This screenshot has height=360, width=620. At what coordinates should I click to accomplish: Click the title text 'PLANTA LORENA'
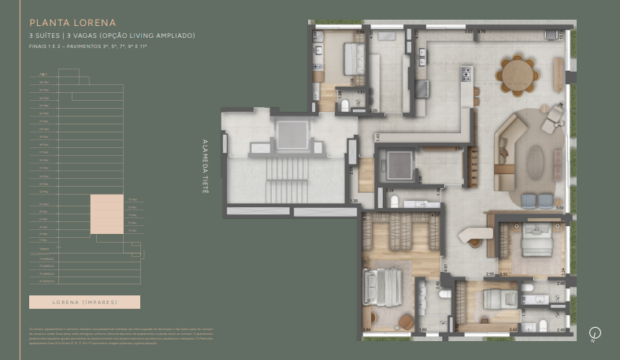pos(72,24)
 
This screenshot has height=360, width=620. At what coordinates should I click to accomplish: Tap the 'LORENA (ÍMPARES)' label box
pos(84,302)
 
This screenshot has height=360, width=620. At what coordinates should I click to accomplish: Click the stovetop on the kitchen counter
pos(466,74)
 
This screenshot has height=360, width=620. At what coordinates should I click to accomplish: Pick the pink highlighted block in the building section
pos(106,214)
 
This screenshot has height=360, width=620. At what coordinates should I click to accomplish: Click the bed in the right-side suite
pos(533,239)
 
